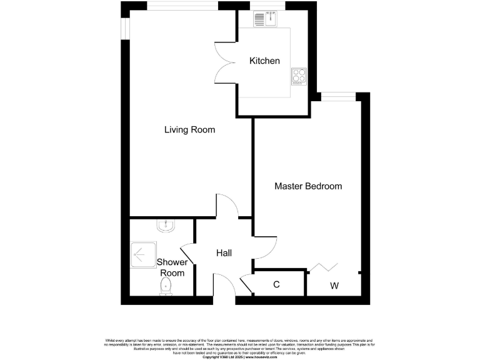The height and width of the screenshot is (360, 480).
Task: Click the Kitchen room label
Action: tap(264, 61)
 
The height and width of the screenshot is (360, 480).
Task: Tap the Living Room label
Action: tap(189, 130)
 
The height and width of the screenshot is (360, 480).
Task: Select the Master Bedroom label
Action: tap(308, 186)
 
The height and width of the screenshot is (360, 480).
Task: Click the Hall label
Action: tap(224, 253)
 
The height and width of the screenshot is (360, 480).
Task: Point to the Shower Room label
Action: tap(172, 267)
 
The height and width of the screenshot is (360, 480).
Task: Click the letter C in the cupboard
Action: tap(276, 285)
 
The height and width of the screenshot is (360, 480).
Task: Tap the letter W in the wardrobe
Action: tap(334, 286)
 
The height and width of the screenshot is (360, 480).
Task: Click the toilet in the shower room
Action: tap(166, 286)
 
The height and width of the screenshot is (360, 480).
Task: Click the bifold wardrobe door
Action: tap(324, 267)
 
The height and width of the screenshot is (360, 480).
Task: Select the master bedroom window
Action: tap(338, 96)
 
